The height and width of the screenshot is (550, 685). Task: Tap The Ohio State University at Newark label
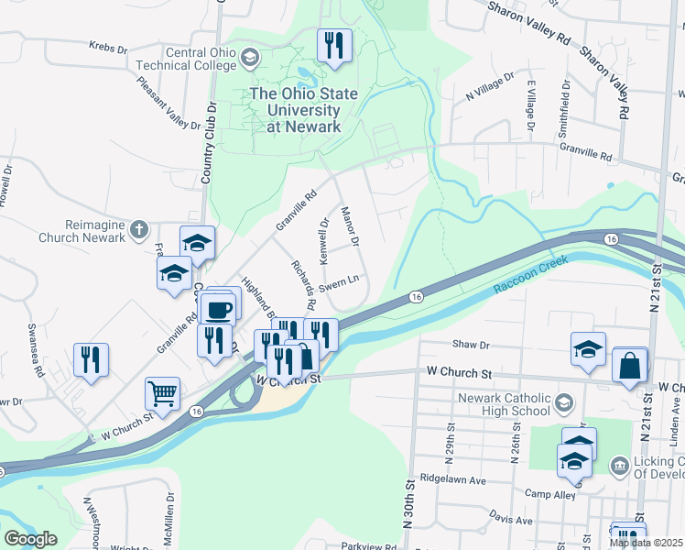point(296,110)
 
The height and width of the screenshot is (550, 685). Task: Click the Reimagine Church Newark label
point(82,230)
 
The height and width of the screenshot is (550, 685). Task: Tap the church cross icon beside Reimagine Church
point(138,229)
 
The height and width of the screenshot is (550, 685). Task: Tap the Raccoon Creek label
point(530,274)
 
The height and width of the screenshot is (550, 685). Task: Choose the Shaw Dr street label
point(472,344)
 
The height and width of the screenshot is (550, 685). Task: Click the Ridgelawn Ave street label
point(451,478)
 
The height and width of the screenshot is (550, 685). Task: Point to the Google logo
point(30,539)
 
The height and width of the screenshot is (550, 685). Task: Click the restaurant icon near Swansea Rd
point(91,357)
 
